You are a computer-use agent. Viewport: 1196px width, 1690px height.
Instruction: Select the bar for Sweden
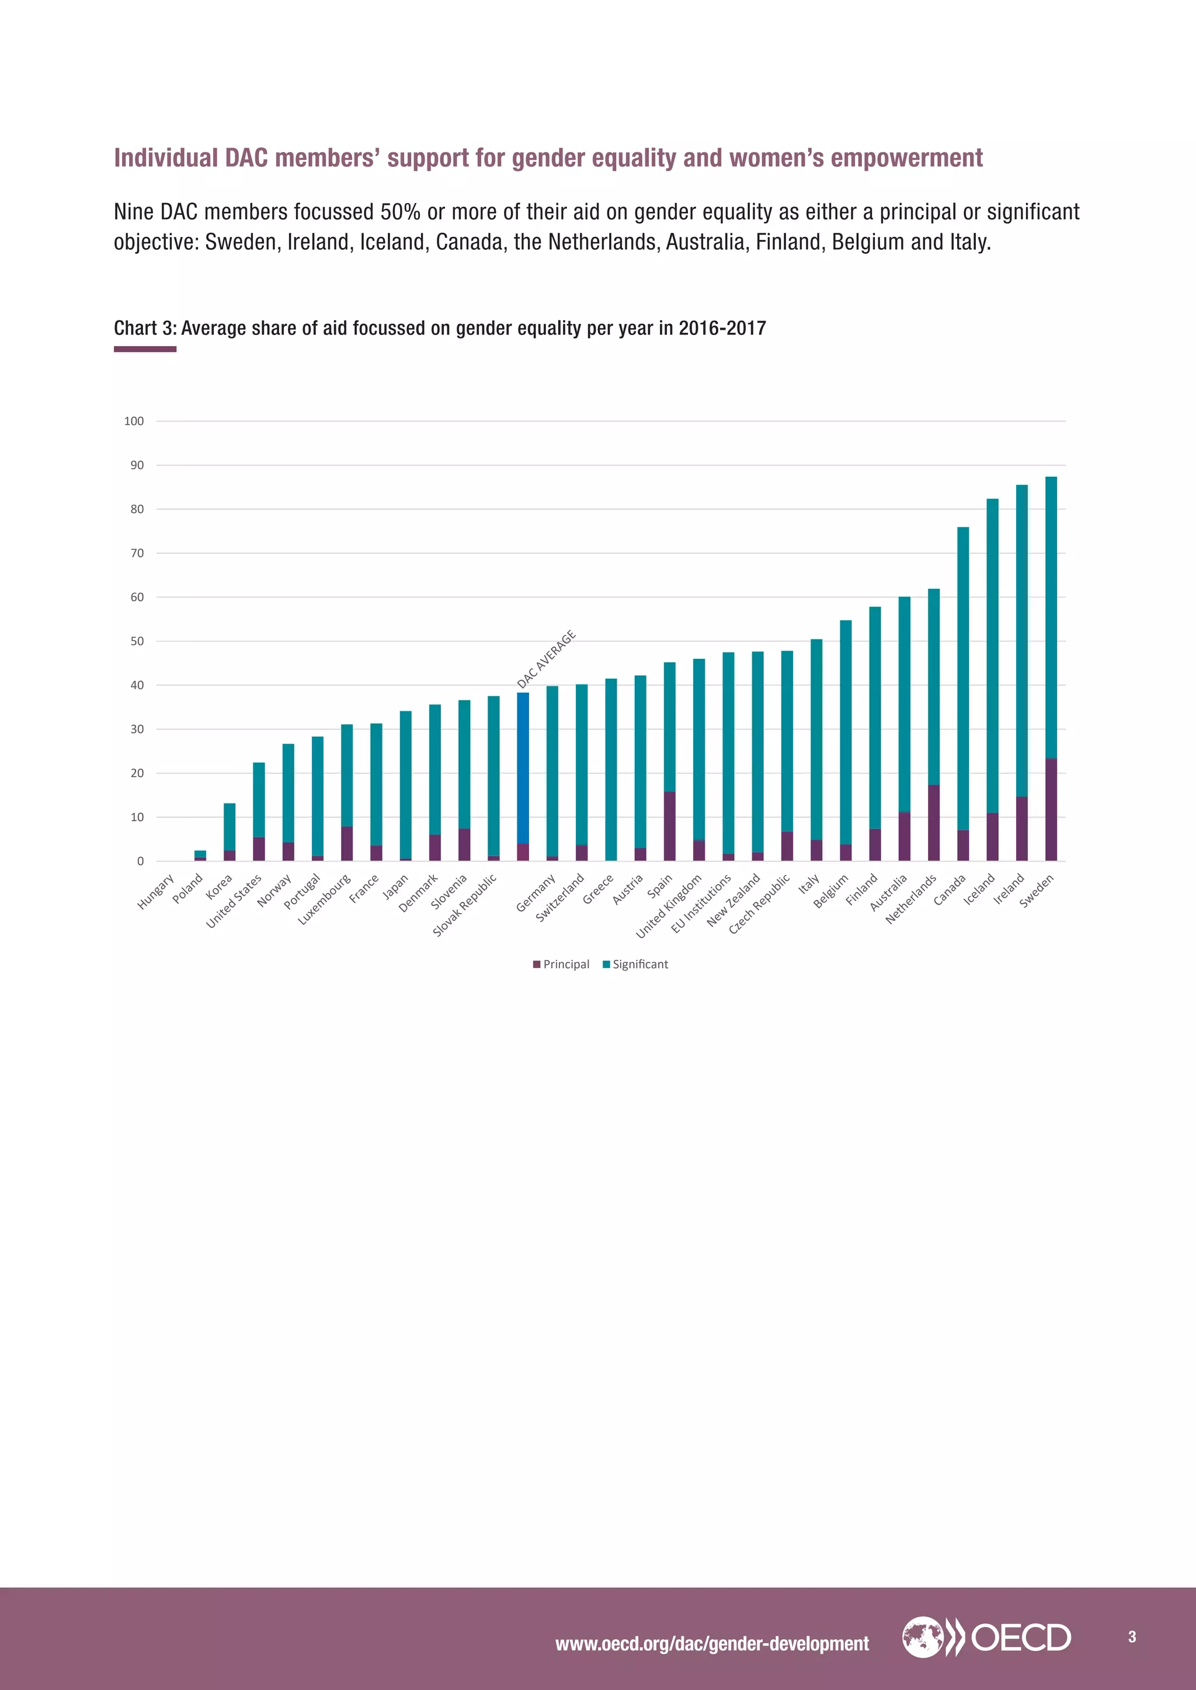tap(1051, 662)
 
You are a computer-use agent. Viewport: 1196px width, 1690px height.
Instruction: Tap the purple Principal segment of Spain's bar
tap(669, 826)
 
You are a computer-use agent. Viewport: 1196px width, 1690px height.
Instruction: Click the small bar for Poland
tap(200, 856)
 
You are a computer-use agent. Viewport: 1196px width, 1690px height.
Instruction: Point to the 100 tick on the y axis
tap(134, 421)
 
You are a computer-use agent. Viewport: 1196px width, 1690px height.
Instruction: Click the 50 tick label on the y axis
tap(137, 641)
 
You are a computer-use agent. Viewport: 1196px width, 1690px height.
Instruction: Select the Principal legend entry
tap(561, 964)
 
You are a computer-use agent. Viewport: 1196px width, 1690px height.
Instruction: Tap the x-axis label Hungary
tap(156, 891)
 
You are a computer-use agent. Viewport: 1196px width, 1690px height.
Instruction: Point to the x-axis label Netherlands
tap(912, 898)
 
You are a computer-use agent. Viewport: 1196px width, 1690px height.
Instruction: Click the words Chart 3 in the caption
tap(144, 329)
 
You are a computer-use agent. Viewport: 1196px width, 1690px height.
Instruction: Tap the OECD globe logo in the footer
tap(922, 1637)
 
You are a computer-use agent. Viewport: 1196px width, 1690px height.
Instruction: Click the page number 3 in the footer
tap(1132, 1637)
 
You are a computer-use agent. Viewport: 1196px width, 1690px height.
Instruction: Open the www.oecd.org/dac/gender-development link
tap(711, 1644)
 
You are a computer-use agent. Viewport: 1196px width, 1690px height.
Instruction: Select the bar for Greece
tap(610, 769)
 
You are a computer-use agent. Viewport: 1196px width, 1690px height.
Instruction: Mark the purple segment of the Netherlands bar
tap(934, 823)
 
